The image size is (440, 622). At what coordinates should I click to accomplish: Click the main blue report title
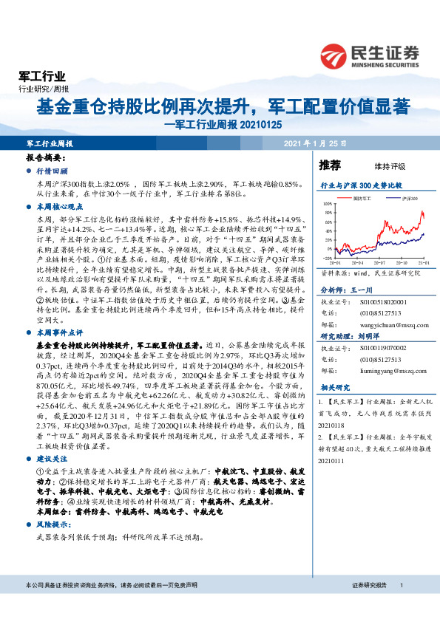[x=223, y=106]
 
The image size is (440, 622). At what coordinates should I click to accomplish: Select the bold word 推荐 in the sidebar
[x=330, y=165]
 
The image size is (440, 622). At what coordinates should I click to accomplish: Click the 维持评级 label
[x=379, y=166]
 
